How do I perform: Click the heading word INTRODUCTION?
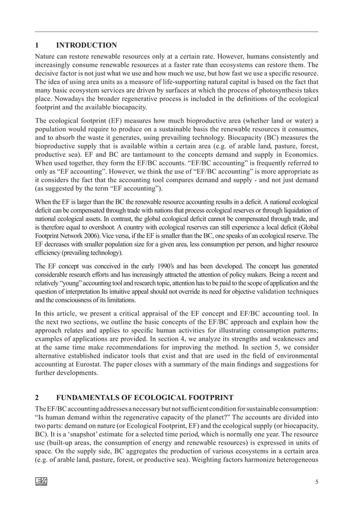click(91, 45)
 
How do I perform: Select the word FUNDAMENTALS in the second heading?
click(93, 397)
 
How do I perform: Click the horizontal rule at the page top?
click(176, 32)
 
